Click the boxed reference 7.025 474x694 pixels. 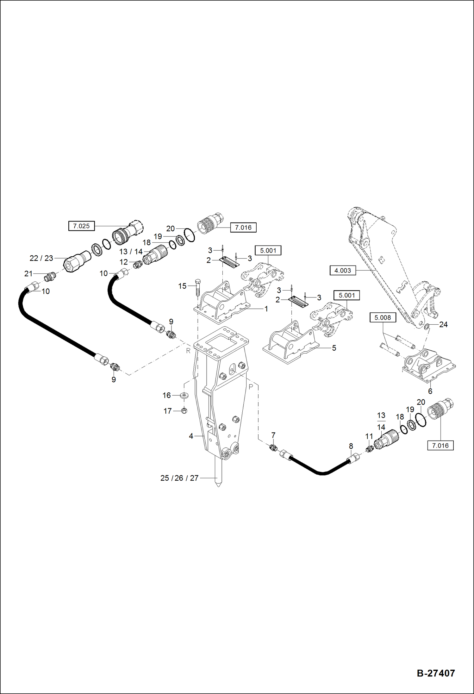[81, 226]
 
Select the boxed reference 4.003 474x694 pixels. [343, 271]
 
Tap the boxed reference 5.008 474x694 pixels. [383, 317]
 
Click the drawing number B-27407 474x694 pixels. [436, 673]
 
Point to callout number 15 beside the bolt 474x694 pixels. [182, 286]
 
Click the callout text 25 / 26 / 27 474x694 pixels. [179, 478]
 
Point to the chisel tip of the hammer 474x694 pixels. [218, 484]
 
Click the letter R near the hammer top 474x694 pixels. [188, 351]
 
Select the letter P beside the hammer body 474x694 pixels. [251, 387]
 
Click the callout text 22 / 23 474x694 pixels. [41, 258]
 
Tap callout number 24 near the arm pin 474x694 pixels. [443, 324]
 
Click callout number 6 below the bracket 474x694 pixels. [430, 391]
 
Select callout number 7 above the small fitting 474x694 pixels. [273, 435]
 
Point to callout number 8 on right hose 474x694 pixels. [351, 446]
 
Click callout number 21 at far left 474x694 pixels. [28, 274]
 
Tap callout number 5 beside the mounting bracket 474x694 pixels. [334, 348]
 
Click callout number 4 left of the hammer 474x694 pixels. [191, 436]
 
